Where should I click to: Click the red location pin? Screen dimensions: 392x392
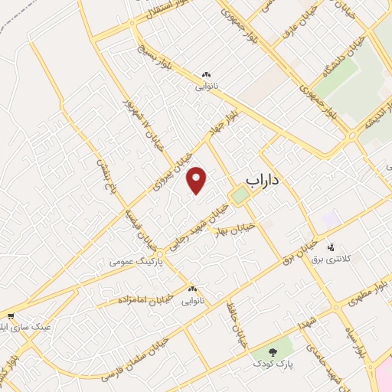point(197,181)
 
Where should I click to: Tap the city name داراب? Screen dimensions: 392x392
point(266,179)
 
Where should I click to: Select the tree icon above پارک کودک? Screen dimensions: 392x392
point(273,352)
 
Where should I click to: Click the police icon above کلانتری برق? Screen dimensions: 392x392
point(332,247)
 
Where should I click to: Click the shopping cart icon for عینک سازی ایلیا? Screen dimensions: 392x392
point(10,315)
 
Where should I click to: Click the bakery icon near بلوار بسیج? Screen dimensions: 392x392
point(205,74)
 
